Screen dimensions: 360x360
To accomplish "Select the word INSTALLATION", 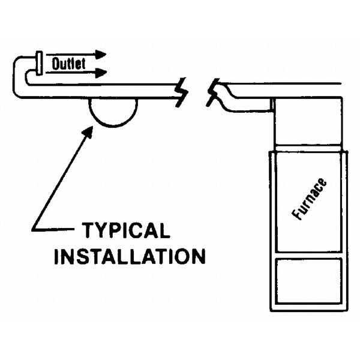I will (130, 256).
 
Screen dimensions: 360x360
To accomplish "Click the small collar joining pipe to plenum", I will (271, 105).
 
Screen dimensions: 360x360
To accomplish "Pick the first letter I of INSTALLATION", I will (58, 256).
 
